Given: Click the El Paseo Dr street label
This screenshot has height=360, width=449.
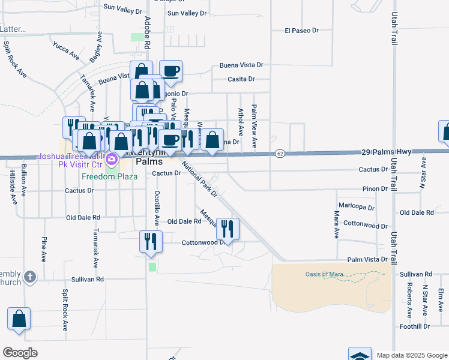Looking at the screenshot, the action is (301, 30).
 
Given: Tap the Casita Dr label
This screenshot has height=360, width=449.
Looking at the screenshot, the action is (241, 79).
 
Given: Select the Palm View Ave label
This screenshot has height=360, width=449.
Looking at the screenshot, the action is (254, 127).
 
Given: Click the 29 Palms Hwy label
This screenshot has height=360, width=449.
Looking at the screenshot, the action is (387, 152).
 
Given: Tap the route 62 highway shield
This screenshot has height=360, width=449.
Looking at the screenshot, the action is (280, 154).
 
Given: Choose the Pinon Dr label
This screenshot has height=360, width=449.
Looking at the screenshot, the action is (375, 188).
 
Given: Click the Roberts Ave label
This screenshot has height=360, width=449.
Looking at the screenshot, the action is (409, 299).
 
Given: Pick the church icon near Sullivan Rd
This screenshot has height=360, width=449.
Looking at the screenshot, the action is (31, 277).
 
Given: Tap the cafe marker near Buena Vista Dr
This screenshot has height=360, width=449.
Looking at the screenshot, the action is (170, 70).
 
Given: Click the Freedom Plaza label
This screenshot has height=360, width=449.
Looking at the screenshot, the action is (110, 176).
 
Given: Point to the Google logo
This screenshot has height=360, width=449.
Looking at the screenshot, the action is (20, 352).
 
